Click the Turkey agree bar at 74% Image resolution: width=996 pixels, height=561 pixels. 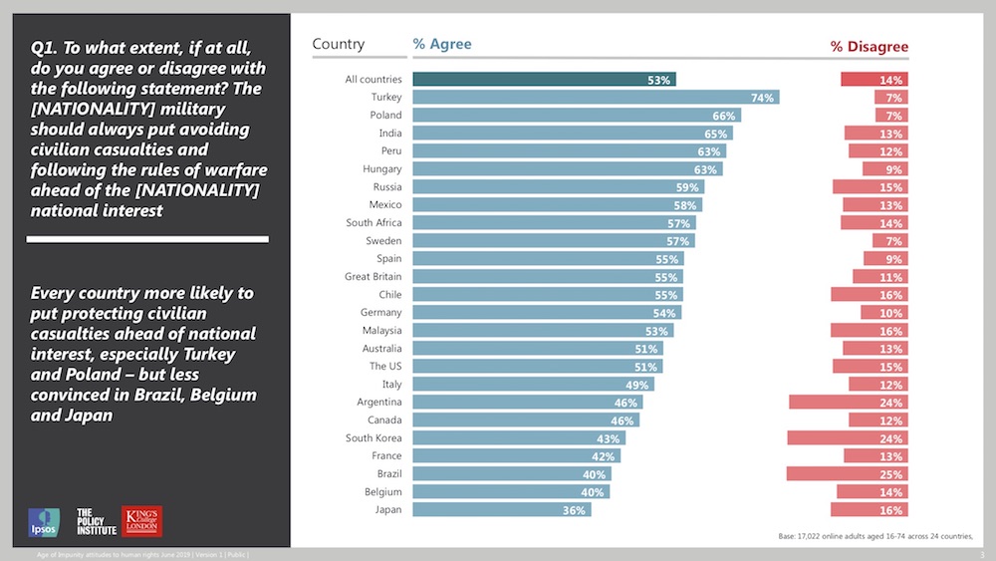[x=595, y=98]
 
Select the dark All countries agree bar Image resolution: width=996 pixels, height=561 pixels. [x=543, y=80]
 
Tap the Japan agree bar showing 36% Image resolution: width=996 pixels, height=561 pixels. [x=501, y=510]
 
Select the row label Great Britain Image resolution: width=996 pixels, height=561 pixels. [x=373, y=277]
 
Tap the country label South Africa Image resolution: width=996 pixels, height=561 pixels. [x=373, y=223]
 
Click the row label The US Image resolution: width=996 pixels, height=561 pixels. [x=386, y=367]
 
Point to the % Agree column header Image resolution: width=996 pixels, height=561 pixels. [x=442, y=45]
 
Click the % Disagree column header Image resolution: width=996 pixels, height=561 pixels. [x=870, y=47]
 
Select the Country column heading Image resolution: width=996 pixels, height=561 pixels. [x=339, y=45]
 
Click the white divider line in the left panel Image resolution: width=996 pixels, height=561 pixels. [x=147, y=239]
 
